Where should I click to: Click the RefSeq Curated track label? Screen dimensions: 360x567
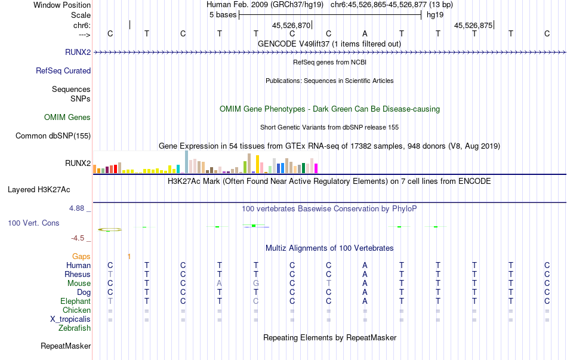click(x=63, y=70)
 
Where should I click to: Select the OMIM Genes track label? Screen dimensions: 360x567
click(x=67, y=117)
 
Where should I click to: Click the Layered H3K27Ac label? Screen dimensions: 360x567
click(x=39, y=190)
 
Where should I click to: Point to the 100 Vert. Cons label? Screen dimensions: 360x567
click(x=34, y=223)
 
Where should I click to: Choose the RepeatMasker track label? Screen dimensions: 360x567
click(x=66, y=346)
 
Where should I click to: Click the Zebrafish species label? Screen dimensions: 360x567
click(x=75, y=328)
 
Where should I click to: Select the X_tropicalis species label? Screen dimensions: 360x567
click(x=70, y=319)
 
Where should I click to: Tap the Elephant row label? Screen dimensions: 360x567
click(x=75, y=301)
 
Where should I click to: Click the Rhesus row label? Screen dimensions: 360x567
click(x=78, y=274)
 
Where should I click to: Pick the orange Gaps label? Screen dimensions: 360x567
click(x=81, y=256)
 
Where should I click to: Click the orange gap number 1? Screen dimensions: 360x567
click(x=129, y=256)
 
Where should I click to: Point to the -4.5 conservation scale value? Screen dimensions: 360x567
click(x=78, y=238)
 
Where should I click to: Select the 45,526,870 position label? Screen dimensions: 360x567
click(x=291, y=26)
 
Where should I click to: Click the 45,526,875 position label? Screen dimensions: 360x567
click(x=473, y=26)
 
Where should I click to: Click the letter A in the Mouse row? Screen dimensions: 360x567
click(x=220, y=283)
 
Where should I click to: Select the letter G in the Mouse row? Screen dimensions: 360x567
click(x=256, y=283)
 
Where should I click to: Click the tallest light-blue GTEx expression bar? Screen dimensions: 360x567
click(x=187, y=162)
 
